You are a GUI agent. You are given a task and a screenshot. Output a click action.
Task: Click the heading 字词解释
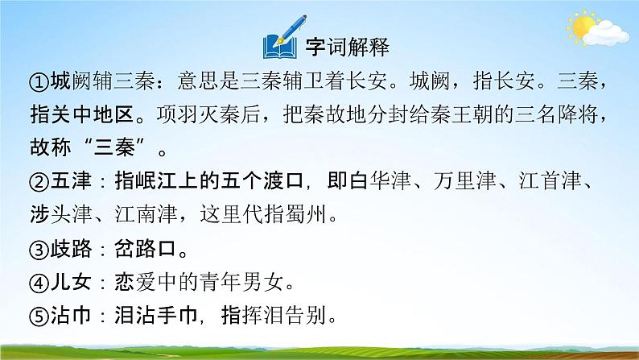click(348, 47)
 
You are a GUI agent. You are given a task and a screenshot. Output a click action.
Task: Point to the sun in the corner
click(585, 30)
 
